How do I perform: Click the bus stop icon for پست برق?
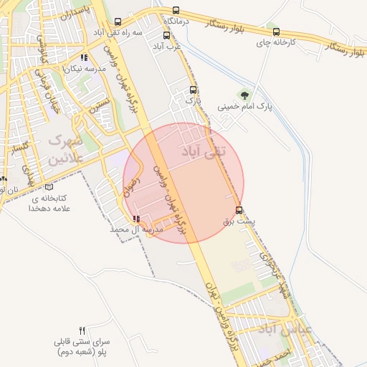click(239, 210)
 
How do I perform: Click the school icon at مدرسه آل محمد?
click(136, 219)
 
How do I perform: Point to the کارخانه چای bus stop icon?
click(276, 32)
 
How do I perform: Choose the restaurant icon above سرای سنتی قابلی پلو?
click(82, 330)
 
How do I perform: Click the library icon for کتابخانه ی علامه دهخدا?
click(49, 186)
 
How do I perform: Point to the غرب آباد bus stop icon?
click(166, 34)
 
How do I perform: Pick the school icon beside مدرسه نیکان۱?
click(84, 57)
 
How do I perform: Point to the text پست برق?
click(250, 222)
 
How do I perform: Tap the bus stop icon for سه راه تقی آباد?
click(117, 22)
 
